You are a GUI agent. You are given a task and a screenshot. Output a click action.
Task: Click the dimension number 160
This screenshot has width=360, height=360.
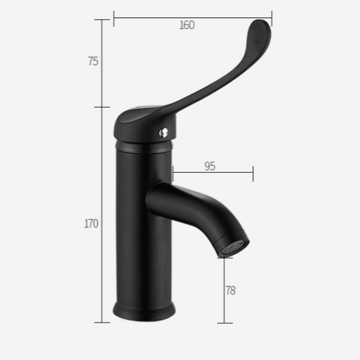click(x=187, y=25)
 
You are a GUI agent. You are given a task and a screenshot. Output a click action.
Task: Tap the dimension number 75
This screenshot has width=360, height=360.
click(x=93, y=61)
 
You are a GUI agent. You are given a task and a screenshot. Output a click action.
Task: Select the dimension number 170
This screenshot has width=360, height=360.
click(x=92, y=224)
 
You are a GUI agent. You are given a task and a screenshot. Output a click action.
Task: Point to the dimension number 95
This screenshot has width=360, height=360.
click(x=209, y=166)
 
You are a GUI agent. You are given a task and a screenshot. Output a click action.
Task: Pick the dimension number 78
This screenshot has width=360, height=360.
click(x=230, y=291)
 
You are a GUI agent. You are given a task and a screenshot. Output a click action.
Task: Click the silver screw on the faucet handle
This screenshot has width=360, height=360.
click(x=164, y=132)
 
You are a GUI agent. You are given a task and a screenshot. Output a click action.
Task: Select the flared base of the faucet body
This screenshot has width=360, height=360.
click(x=144, y=311)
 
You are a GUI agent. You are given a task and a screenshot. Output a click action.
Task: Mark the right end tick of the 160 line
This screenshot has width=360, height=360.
click(x=272, y=18)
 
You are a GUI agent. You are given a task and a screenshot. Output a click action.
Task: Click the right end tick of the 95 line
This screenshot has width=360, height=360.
click(x=253, y=173)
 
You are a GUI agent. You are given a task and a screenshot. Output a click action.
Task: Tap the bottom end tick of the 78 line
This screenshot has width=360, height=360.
click(x=225, y=323)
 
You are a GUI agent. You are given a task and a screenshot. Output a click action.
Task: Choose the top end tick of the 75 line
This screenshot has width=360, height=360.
click(x=102, y=20)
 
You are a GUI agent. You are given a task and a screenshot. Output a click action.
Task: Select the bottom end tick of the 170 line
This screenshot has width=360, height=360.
click(x=102, y=323)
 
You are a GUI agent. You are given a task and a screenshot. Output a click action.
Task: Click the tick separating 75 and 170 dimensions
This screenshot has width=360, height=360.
click(x=102, y=107)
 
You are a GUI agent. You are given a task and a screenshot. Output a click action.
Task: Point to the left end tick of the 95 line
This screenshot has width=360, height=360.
click(x=173, y=173)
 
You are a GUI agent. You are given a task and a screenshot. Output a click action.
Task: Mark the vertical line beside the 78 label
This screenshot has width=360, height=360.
click(x=225, y=289)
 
